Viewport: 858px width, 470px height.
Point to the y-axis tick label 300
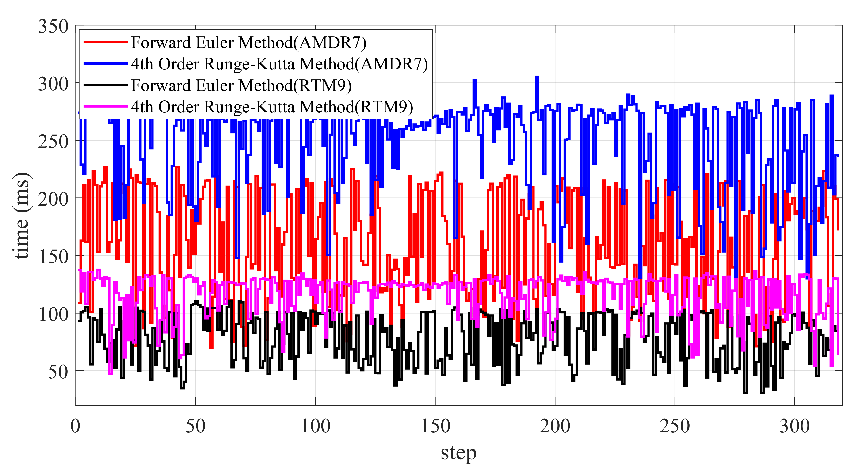pos(53,84)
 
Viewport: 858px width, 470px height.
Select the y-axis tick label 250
pos(53,142)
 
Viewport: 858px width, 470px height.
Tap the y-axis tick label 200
pos(53,199)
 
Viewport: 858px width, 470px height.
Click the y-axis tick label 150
pos(53,257)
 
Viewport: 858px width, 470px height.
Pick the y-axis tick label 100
pos(53,315)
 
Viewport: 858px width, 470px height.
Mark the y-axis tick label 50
pos(58,372)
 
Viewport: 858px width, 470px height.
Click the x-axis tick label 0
pos(76,426)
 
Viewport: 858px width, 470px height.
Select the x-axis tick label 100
pos(315,426)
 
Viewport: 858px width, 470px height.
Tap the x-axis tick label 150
pos(435,426)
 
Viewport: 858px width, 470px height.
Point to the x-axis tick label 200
pos(555,426)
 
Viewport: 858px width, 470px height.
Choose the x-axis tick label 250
pos(675,426)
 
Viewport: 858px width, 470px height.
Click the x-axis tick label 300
pos(795,426)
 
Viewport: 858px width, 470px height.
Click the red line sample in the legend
pos(105,42)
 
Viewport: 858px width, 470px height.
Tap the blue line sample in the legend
pos(105,64)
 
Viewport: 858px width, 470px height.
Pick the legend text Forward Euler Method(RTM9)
pos(241,85)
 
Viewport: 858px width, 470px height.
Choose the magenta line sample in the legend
pos(105,107)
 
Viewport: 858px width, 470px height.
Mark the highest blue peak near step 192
pos(537,77)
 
